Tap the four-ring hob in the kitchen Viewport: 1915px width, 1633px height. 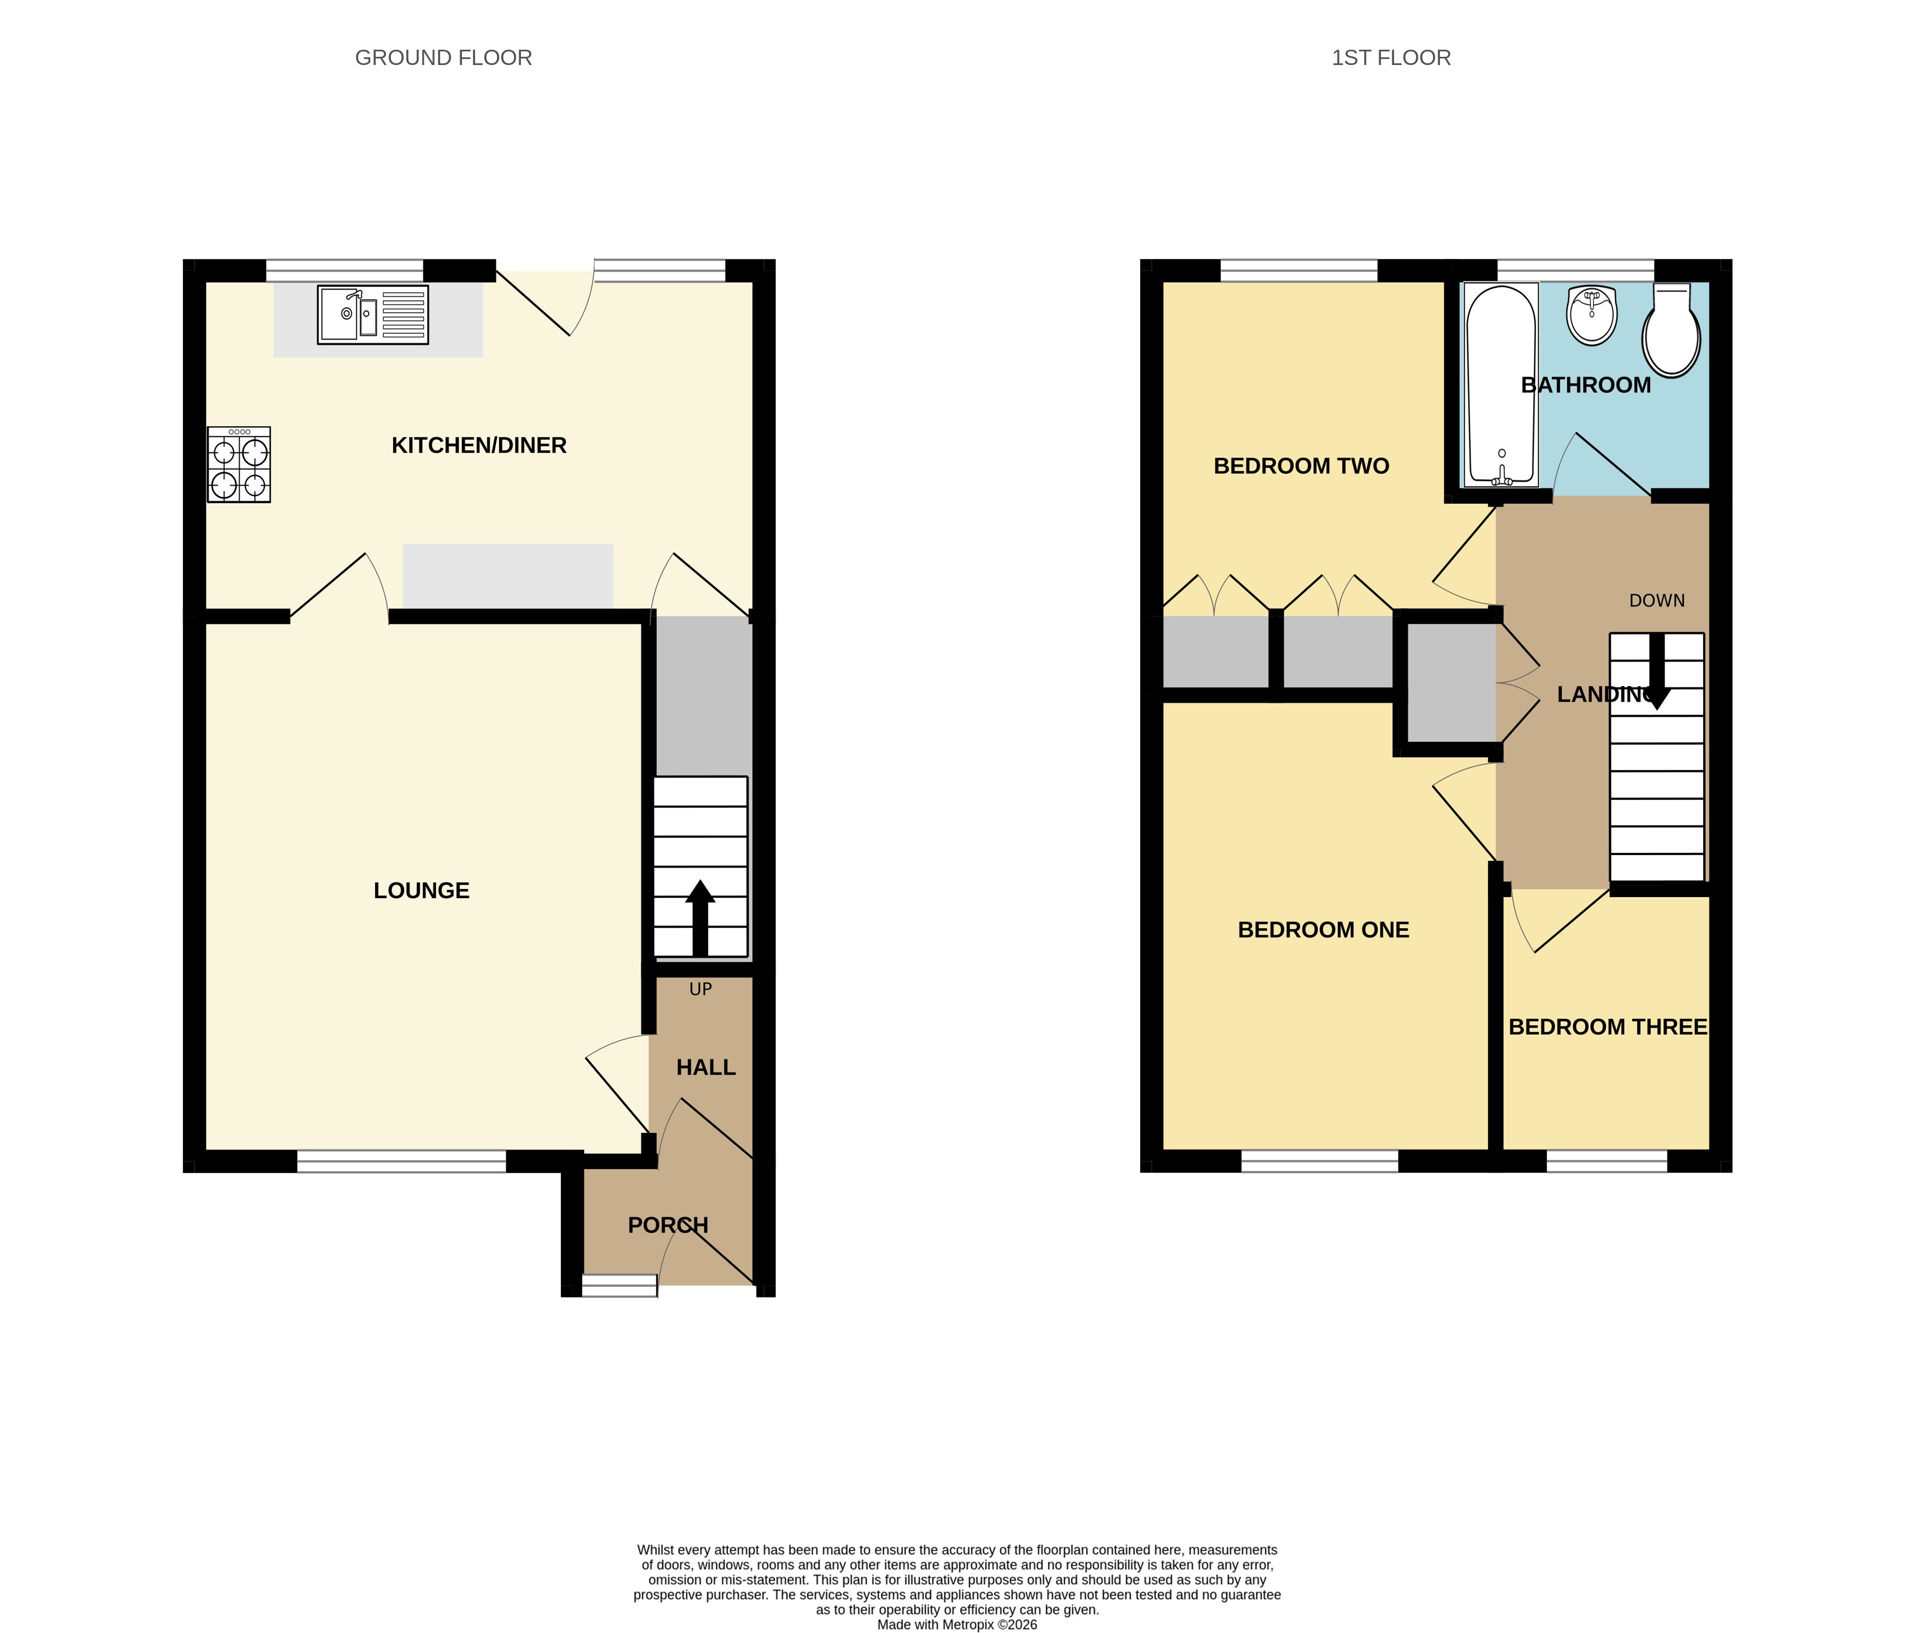tap(239, 464)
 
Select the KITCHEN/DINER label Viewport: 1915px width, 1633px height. tap(479, 446)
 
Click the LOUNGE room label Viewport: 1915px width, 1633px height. tap(422, 891)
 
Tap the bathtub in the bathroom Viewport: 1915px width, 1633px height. tap(1501, 385)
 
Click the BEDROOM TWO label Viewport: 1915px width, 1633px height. tap(1301, 466)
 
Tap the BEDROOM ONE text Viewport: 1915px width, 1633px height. tap(1324, 930)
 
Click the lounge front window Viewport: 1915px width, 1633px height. tap(401, 1162)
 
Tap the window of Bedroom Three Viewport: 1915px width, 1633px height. tap(1606, 1162)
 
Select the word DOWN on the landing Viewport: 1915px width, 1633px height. tap(1657, 601)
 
